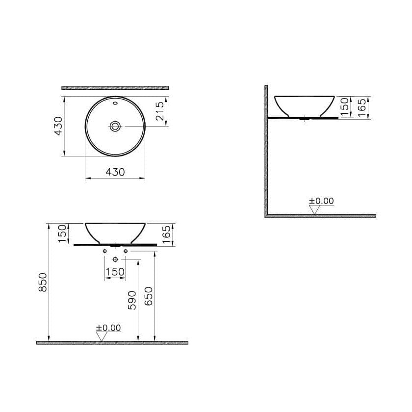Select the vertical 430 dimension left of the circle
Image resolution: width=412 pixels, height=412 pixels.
click(x=58, y=126)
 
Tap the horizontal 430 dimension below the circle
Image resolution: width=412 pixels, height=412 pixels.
click(x=115, y=172)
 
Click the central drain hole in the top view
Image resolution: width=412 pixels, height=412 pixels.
click(x=115, y=126)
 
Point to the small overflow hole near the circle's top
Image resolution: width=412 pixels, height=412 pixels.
click(x=115, y=103)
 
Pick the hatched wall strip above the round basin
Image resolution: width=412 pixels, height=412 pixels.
click(x=115, y=88)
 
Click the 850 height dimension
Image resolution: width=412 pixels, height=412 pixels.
click(x=43, y=283)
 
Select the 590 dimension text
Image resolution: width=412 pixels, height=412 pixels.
click(x=132, y=299)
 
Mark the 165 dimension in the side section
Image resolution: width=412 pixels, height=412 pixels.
click(x=362, y=107)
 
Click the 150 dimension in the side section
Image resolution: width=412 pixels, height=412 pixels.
click(x=345, y=107)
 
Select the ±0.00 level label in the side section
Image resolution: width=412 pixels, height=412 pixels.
click(x=321, y=201)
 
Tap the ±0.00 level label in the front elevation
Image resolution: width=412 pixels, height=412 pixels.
click(x=108, y=328)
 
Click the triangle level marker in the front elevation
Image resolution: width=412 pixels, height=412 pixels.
click(x=102, y=336)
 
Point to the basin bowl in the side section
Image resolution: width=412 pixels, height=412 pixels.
click(x=304, y=105)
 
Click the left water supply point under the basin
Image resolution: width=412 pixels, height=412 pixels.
click(x=104, y=252)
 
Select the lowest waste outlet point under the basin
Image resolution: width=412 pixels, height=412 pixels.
click(x=115, y=259)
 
